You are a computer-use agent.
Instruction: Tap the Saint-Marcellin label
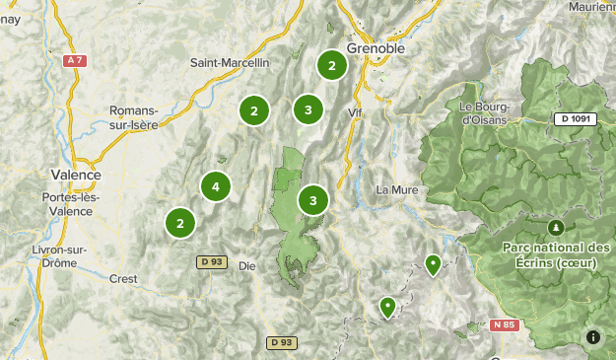(230, 63)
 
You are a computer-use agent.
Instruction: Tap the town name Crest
(123, 278)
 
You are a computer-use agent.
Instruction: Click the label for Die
(247, 265)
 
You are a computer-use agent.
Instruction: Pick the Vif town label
(356, 113)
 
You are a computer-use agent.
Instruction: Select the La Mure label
(398, 189)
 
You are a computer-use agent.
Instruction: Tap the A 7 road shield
(73, 61)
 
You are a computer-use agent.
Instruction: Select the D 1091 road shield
(575, 119)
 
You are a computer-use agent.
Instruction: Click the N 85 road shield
(503, 324)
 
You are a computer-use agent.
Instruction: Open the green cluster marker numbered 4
(215, 185)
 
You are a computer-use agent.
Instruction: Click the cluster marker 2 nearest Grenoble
(332, 66)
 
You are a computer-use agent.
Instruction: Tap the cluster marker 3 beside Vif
(308, 109)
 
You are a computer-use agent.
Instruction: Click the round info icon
(593, 337)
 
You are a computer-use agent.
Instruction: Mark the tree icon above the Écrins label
(556, 225)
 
